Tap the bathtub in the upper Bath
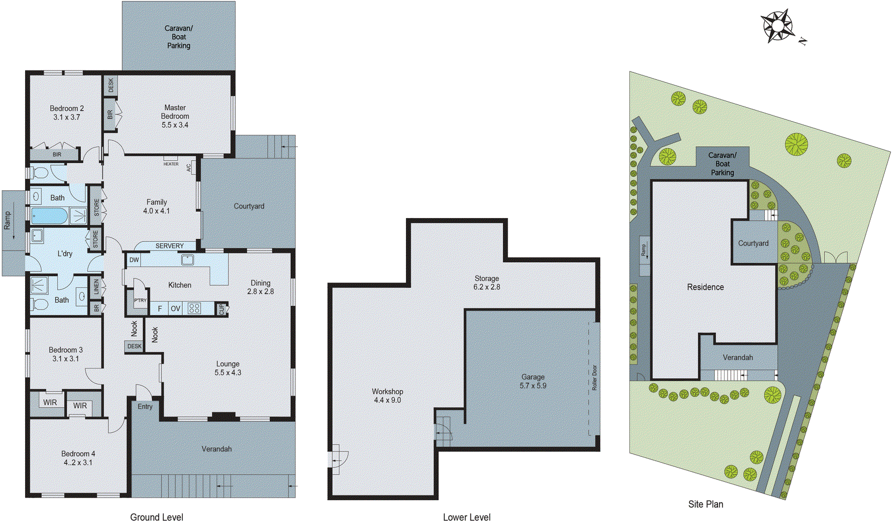[50, 216]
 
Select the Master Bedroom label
[175, 116]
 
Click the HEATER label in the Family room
[171, 164]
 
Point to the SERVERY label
[169, 246]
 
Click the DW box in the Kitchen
[134, 260]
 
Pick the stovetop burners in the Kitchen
[194, 308]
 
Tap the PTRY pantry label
[140, 301]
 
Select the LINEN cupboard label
[96, 287]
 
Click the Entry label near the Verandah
[145, 407]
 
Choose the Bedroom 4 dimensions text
[78, 462]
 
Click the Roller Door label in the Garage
[594, 378]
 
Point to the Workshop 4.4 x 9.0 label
[387, 396]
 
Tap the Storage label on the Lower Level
[487, 278]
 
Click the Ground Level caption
[157, 517]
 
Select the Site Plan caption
[705, 504]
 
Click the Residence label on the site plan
[705, 287]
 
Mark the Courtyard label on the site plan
[753, 244]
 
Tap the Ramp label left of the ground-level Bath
[7, 220]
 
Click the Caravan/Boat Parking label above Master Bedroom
[178, 37]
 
